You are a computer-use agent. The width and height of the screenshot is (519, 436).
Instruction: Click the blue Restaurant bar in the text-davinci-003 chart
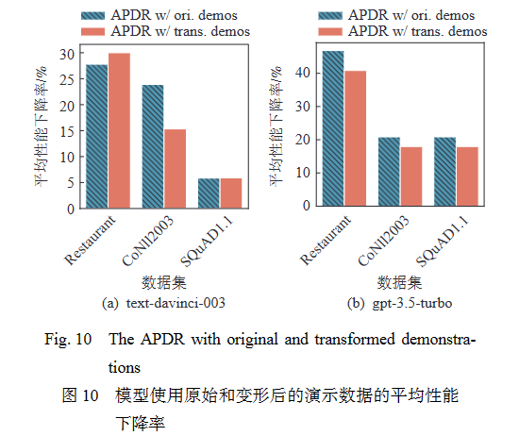click(x=97, y=136)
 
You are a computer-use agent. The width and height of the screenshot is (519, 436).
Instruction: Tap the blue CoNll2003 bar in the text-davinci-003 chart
click(x=153, y=146)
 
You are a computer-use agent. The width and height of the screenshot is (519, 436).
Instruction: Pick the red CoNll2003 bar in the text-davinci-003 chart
click(x=175, y=168)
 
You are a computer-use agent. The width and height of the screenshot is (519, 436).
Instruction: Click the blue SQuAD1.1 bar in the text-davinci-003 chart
click(x=209, y=193)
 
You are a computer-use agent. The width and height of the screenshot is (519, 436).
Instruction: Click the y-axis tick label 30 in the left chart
click(x=66, y=54)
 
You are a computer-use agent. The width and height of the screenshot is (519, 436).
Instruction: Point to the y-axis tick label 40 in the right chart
click(x=301, y=71)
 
